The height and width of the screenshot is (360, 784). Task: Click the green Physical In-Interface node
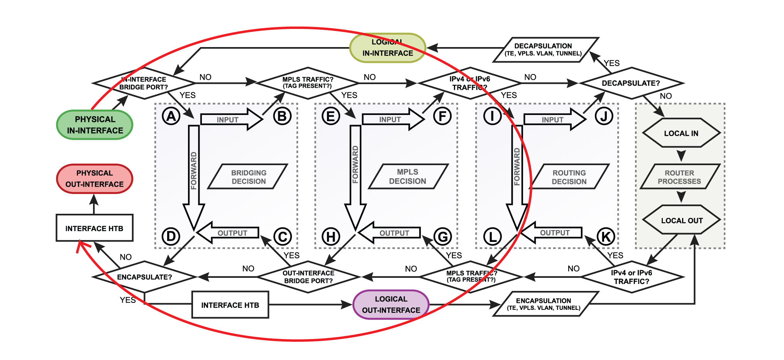tap(95, 125)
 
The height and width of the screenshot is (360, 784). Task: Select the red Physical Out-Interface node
tap(95, 179)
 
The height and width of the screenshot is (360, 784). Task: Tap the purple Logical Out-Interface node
tap(391, 304)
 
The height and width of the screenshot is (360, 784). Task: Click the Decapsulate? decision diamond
tap(631, 83)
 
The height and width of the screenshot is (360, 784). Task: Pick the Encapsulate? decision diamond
tap(145, 277)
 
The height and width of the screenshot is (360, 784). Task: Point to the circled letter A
tap(171, 116)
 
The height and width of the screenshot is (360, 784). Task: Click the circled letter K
tap(606, 237)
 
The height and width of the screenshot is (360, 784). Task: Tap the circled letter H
tap(331, 237)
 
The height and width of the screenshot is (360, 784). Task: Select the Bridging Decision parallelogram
tap(248, 177)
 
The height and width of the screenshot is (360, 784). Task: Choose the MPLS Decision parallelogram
tap(408, 176)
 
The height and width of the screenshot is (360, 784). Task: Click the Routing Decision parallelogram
tap(569, 177)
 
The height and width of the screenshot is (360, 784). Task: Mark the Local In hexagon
tap(681, 133)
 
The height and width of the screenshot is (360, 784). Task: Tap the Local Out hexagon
tap(682, 220)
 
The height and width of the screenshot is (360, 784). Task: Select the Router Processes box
tap(679, 177)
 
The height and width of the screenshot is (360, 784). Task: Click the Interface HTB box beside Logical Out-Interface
tap(230, 305)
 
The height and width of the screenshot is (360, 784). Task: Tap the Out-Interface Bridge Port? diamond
tap(308, 277)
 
